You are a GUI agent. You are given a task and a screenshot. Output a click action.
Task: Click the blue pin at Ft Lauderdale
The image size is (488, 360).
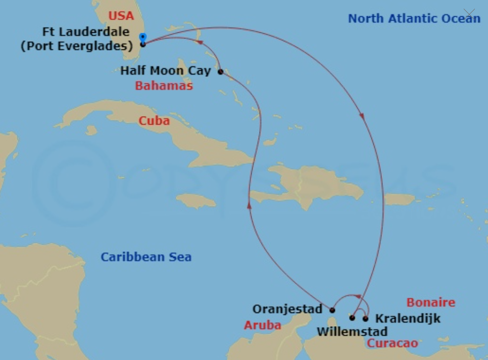tap(142, 38)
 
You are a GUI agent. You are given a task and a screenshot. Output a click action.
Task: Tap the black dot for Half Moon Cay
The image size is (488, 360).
tap(220, 72)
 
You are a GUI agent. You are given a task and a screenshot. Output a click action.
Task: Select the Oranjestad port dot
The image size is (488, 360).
tap(332, 310)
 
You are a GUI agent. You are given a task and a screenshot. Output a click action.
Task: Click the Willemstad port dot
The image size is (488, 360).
tap(352, 318)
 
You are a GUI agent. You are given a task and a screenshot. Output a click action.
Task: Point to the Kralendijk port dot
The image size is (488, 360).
tap(365, 318)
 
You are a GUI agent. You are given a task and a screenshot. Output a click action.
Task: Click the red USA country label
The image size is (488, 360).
tap(121, 16)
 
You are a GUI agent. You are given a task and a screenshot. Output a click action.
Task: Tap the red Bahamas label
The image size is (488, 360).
tap(164, 85)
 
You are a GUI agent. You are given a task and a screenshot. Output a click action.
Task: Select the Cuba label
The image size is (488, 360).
tap(154, 121)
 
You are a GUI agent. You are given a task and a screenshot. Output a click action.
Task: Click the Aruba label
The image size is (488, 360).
tap(262, 325)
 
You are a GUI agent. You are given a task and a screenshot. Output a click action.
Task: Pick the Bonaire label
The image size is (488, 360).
tap(430, 302)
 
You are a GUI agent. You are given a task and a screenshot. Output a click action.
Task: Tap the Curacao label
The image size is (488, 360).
tap(392, 343)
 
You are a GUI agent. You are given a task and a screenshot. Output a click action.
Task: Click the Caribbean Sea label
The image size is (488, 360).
tap(146, 257)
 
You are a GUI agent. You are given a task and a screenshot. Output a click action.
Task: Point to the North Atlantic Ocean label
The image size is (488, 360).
tap(414, 19)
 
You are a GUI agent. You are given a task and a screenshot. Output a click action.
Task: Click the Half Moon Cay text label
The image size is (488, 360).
tap(165, 71)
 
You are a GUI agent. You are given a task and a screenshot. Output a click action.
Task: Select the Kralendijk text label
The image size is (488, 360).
tap(408, 319)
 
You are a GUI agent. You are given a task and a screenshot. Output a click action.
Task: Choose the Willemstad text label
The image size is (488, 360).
tap(352, 331)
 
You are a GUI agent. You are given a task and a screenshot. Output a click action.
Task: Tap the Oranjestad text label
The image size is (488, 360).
tap(287, 308)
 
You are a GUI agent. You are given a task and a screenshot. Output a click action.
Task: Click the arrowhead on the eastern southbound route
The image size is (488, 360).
tap(362, 115)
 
